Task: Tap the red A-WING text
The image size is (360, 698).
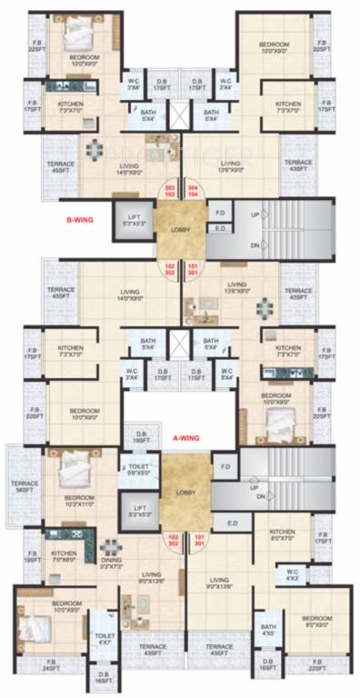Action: (x=185, y=437)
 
